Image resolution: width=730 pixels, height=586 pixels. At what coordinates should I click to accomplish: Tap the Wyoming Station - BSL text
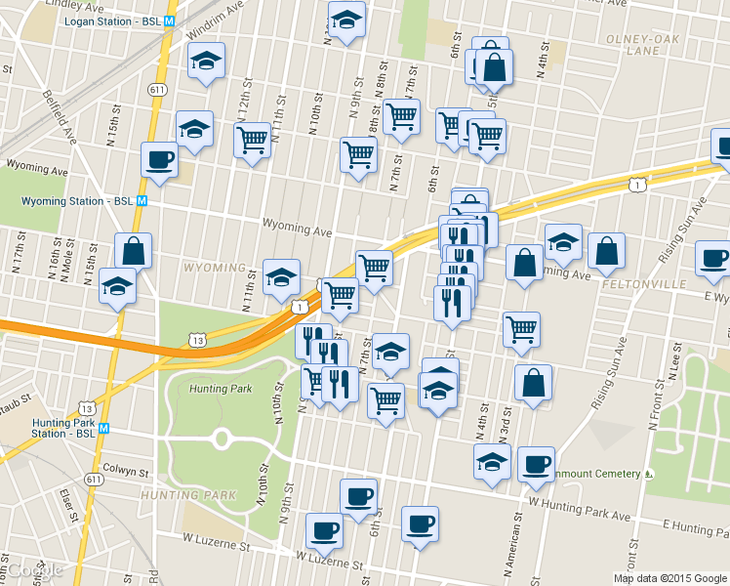tap(77, 201)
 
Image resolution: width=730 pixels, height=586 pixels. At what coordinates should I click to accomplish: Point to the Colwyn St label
tap(124, 472)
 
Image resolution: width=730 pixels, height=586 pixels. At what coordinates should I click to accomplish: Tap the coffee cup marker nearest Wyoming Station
tap(159, 159)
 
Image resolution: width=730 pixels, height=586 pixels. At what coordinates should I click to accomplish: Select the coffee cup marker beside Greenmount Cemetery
tap(535, 464)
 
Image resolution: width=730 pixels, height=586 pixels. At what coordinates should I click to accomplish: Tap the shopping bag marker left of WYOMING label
tap(133, 251)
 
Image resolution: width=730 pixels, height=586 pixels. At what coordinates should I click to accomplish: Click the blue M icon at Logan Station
tap(170, 21)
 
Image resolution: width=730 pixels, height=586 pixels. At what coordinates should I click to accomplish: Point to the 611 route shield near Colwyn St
tap(94, 480)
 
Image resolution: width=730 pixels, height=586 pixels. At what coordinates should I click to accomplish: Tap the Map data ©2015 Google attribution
tap(669, 578)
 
